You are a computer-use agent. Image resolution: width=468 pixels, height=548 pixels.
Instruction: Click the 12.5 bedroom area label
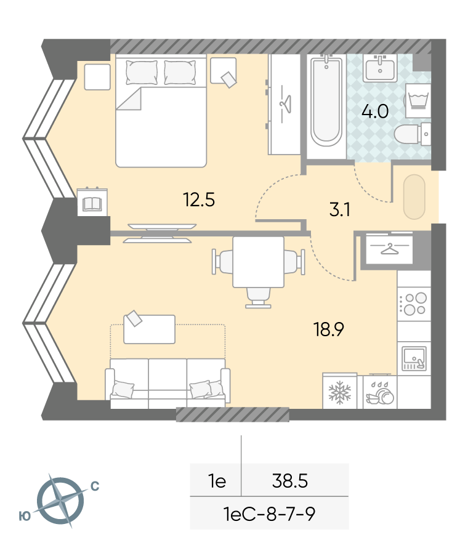tap(199, 200)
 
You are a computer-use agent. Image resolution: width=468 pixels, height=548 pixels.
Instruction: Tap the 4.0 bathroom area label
tap(375, 111)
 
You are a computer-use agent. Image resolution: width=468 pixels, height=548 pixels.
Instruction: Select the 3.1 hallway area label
tap(340, 210)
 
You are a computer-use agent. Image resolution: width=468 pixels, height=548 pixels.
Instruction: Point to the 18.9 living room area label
tap(329, 329)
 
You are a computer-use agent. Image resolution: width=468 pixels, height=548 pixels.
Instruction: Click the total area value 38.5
tap(290, 481)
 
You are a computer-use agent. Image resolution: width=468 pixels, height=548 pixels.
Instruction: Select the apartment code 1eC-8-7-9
tap(269, 514)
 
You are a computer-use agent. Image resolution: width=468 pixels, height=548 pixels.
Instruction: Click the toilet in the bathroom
tap(412, 134)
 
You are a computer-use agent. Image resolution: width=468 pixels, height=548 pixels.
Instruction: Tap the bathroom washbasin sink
tap(380, 68)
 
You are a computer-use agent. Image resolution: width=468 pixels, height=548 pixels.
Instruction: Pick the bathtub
tap(326, 102)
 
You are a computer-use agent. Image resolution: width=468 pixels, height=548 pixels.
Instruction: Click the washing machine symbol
tap(418, 100)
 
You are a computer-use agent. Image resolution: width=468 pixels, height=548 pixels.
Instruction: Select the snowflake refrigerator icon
tap(340, 392)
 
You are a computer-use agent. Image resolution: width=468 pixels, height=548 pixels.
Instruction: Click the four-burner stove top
tap(414, 304)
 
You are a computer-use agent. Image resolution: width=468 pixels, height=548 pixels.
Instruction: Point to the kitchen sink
tap(414, 358)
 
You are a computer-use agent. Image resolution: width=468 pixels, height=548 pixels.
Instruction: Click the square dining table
tap(258, 262)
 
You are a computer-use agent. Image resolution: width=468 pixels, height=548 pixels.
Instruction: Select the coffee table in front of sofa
tap(149, 329)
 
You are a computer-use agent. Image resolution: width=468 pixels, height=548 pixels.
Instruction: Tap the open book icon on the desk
tap(92, 204)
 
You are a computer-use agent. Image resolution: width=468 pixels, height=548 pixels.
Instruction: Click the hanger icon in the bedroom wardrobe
tap(286, 104)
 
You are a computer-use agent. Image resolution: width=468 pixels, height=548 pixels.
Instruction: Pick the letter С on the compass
tap(95, 486)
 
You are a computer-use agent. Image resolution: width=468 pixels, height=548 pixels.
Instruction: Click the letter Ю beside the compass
tap(25, 516)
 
